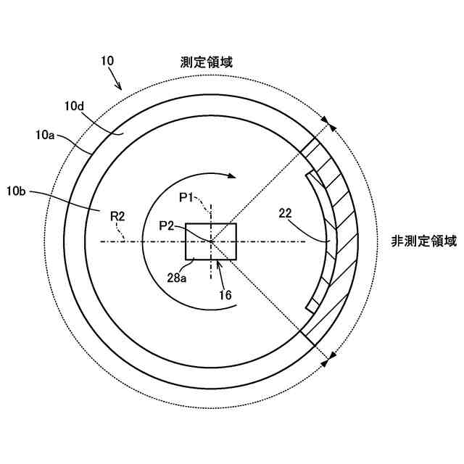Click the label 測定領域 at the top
pyautogui.click(x=206, y=62)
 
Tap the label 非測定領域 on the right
pyautogui.click(x=424, y=241)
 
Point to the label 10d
pyautogui.click(x=75, y=107)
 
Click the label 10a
pyautogui.click(x=44, y=134)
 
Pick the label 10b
pyautogui.click(x=17, y=191)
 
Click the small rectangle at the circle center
pyautogui.click(x=211, y=241)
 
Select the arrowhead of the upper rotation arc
pyautogui.click(x=231, y=175)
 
